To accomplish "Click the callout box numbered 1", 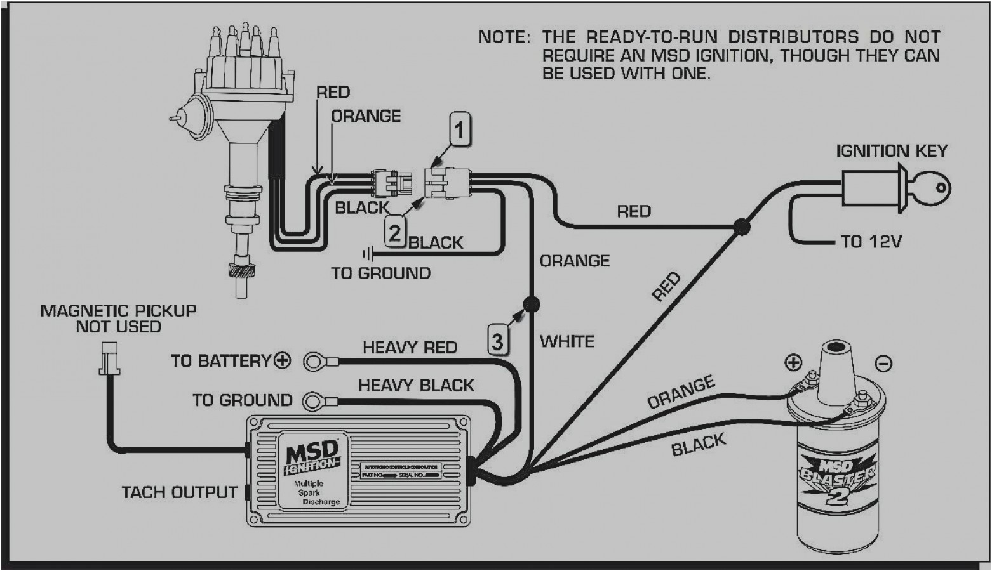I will [460, 130].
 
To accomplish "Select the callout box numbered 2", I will [394, 233].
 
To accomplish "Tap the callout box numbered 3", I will [498, 341].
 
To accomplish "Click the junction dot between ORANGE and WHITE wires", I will [532, 304].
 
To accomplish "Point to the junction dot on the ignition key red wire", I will [741, 226].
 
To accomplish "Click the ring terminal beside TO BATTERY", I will [314, 362].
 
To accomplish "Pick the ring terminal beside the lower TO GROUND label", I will [314, 401].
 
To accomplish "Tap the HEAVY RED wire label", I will [410, 348].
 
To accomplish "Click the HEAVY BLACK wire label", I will [416, 385].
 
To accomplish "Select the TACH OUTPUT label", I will [179, 492].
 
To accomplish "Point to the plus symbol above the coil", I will [793, 362].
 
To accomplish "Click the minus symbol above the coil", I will [883, 363].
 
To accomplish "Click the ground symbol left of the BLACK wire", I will [367, 254].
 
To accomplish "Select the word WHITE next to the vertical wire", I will [566, 341].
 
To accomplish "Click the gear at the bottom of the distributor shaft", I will [241, 270].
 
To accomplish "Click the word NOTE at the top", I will [504, 37].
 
